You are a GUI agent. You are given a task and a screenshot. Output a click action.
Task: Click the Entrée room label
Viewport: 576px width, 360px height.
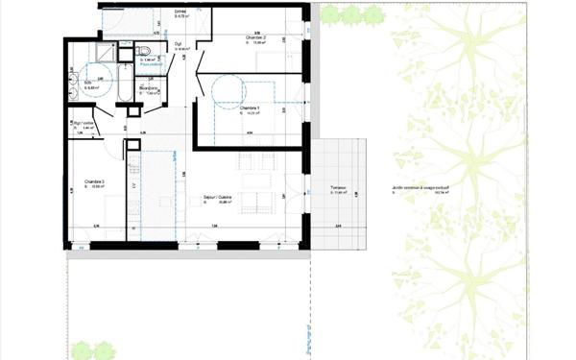180,12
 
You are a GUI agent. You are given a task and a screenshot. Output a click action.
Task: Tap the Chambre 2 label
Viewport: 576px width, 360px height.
254,37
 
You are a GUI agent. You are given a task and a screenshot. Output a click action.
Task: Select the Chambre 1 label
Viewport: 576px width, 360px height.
250,109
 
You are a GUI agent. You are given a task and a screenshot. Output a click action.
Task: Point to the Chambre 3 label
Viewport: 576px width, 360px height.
94,181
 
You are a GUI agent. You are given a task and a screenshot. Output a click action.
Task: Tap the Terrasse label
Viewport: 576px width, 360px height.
337,188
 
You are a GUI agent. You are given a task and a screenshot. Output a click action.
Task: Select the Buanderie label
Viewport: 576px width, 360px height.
149,88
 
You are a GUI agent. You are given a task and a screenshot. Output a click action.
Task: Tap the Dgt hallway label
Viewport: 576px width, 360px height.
179,43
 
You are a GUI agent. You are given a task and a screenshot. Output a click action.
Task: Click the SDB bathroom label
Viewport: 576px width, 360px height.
88,83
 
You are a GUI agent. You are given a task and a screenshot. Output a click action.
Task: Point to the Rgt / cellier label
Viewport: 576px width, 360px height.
85,123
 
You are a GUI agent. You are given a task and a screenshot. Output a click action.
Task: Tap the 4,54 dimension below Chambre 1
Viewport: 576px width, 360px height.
249,132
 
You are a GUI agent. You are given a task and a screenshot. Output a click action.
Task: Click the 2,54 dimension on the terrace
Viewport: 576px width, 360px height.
338,227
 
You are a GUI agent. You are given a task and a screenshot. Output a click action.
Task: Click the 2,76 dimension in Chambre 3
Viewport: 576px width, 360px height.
96,226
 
